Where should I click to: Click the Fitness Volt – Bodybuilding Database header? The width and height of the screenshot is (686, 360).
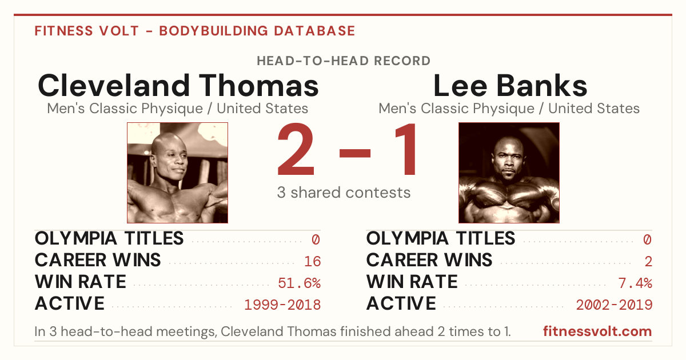point(195,31)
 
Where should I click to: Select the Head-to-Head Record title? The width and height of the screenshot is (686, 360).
point(344,61)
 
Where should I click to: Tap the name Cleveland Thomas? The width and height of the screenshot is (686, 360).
point(178,85)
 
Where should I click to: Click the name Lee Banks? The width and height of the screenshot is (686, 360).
point(510,85)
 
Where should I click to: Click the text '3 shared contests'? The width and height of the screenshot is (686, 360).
point(344,193)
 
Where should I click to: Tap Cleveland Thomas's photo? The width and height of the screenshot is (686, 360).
point(178,173)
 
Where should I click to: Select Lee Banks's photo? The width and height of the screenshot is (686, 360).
point(509,173)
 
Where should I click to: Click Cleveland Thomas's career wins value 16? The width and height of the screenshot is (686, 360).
point(312,261)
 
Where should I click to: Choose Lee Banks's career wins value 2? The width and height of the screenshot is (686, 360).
point(648,261)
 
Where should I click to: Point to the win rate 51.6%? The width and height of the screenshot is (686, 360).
point(299,283)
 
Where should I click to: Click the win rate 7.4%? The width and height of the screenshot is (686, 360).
point(635,283)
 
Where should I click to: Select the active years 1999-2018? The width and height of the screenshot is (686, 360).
point(282,305)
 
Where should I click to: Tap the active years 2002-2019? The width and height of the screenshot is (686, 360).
point(614,305)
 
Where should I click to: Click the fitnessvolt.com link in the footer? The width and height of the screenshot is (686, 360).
point(597,331)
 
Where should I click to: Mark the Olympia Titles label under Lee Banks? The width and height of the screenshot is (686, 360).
point(441,238)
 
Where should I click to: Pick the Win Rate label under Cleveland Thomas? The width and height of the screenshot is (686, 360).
point(81,282)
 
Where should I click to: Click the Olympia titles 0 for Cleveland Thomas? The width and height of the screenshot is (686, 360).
point(316,239)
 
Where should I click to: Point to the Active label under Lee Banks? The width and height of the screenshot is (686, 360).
point(401,303)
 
